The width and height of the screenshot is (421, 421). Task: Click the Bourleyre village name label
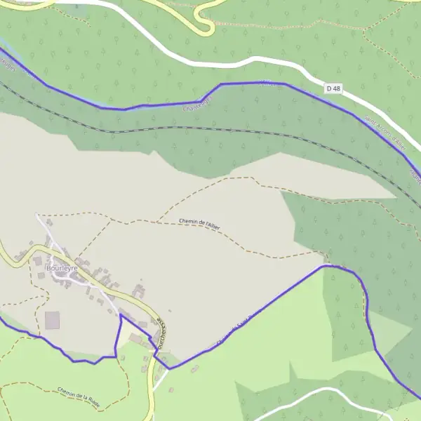click(61, 268)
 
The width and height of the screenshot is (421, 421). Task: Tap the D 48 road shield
click(333, 89)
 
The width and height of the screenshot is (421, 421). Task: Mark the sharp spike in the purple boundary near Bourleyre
click(121, 316)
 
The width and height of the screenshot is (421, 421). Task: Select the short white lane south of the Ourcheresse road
click(161, 380)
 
